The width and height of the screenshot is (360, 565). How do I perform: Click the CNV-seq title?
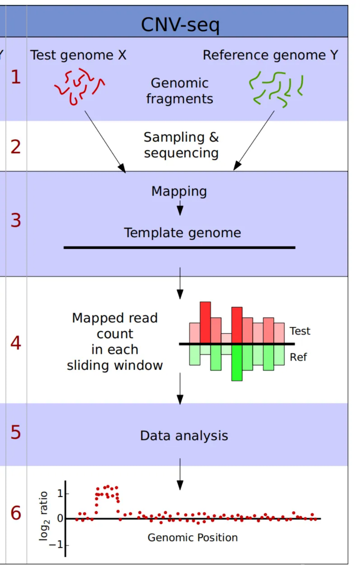tap(180, 24)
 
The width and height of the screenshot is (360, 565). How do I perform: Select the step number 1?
tap(15, 77)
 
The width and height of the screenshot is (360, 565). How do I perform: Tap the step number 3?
tap(15, 220)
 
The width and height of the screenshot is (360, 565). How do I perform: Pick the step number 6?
tap(15, 513)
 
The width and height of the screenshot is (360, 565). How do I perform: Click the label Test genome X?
tap(78, 55)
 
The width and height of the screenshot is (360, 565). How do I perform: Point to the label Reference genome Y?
tap(270, 55)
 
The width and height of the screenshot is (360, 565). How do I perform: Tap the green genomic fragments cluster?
tap(276, 89)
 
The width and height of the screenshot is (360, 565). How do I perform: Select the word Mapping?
tap(179, 191)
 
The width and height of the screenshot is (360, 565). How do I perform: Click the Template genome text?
tap(182, 233)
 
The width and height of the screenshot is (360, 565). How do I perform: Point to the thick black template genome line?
tap(179, 247)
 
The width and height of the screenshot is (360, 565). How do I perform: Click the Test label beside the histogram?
tap(300, 331)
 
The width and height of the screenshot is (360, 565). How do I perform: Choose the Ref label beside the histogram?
tap(298, 357)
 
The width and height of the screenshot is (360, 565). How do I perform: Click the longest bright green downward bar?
tap(237, 363)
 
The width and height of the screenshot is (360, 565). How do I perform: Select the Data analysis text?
tap(184, 436)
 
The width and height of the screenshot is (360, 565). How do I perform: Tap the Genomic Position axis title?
tap(192, 538)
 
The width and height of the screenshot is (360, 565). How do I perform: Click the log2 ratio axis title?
tap(44, 515)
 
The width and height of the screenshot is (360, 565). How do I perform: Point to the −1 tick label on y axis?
tap(56, 544)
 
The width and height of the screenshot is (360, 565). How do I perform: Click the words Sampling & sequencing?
tap(181, 145)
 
